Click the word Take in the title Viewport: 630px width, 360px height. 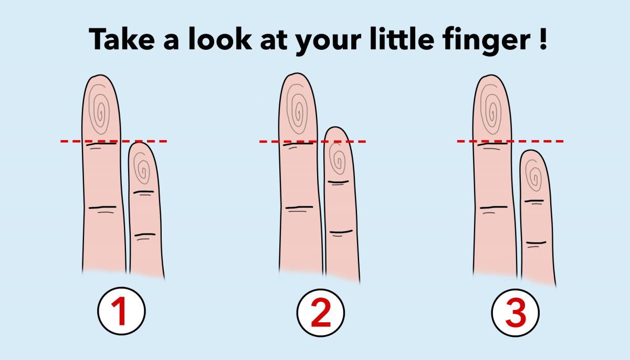click(122, 39)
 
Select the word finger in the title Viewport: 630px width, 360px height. click(487, 41)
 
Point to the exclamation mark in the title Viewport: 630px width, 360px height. click(543, 39)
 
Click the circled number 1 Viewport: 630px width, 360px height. click(121, 311)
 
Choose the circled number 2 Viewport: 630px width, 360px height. click(321, 312)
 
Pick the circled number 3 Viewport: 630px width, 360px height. click(515, 312)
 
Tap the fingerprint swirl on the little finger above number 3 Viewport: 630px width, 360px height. click(533, 175)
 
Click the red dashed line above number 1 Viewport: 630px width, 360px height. click(113, 141)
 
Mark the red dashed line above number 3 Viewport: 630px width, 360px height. click(510, 141)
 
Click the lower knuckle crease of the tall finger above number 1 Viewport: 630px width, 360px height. click(102, 208)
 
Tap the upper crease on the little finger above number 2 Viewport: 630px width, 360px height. click(338, 183)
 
